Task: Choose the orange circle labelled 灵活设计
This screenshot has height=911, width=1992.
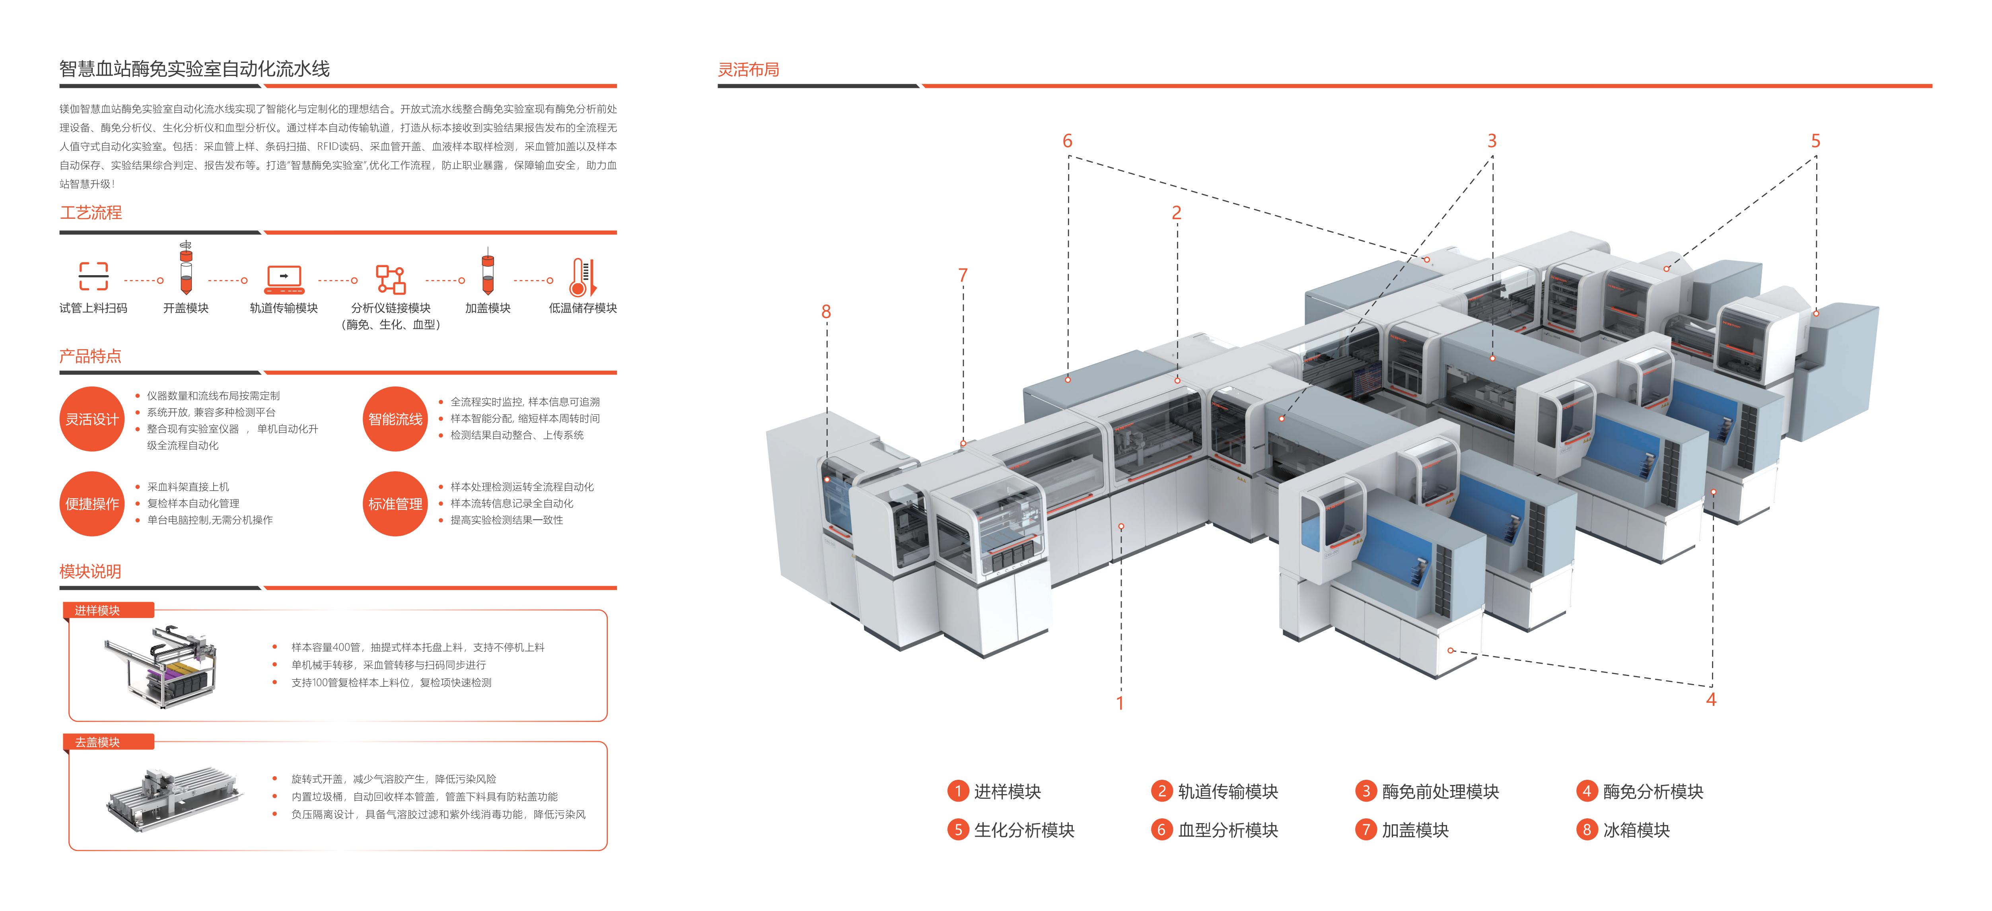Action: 92,419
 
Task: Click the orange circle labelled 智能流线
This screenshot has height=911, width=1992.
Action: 395,419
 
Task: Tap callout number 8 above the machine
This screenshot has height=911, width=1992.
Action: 826,312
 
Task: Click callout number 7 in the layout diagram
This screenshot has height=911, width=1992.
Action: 963,275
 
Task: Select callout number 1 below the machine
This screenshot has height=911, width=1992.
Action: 1120,703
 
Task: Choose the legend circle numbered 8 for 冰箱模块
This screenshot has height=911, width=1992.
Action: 1586,830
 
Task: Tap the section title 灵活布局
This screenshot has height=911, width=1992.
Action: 749,70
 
